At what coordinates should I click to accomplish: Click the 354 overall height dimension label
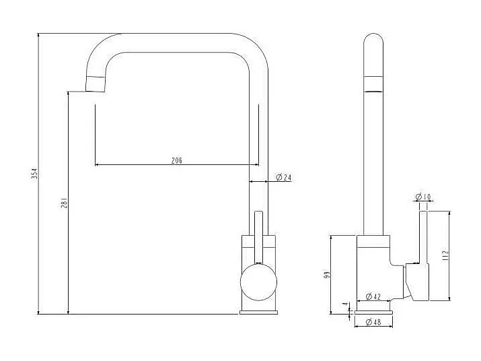click(x=34, y=173)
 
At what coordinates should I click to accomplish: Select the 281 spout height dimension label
click(x=64, y=203)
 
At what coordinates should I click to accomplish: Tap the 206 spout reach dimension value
click(x=176, y=160)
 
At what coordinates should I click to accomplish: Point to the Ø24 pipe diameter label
click(x=283, y=178)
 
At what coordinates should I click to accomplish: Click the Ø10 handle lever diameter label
click(x=424, y=197)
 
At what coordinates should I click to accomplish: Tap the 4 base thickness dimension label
click(x=345, y=305)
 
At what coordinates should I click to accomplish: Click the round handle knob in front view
click(x=258, y=282)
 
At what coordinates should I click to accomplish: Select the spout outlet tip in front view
click(x=96, y=84)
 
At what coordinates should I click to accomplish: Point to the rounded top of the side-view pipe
click(x=373, y=39)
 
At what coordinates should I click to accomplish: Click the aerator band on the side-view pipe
click(x=373, y=84)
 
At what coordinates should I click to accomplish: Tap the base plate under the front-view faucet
click(x=258, y=311)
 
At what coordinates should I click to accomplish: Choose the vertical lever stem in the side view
click(x=424, y=236)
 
